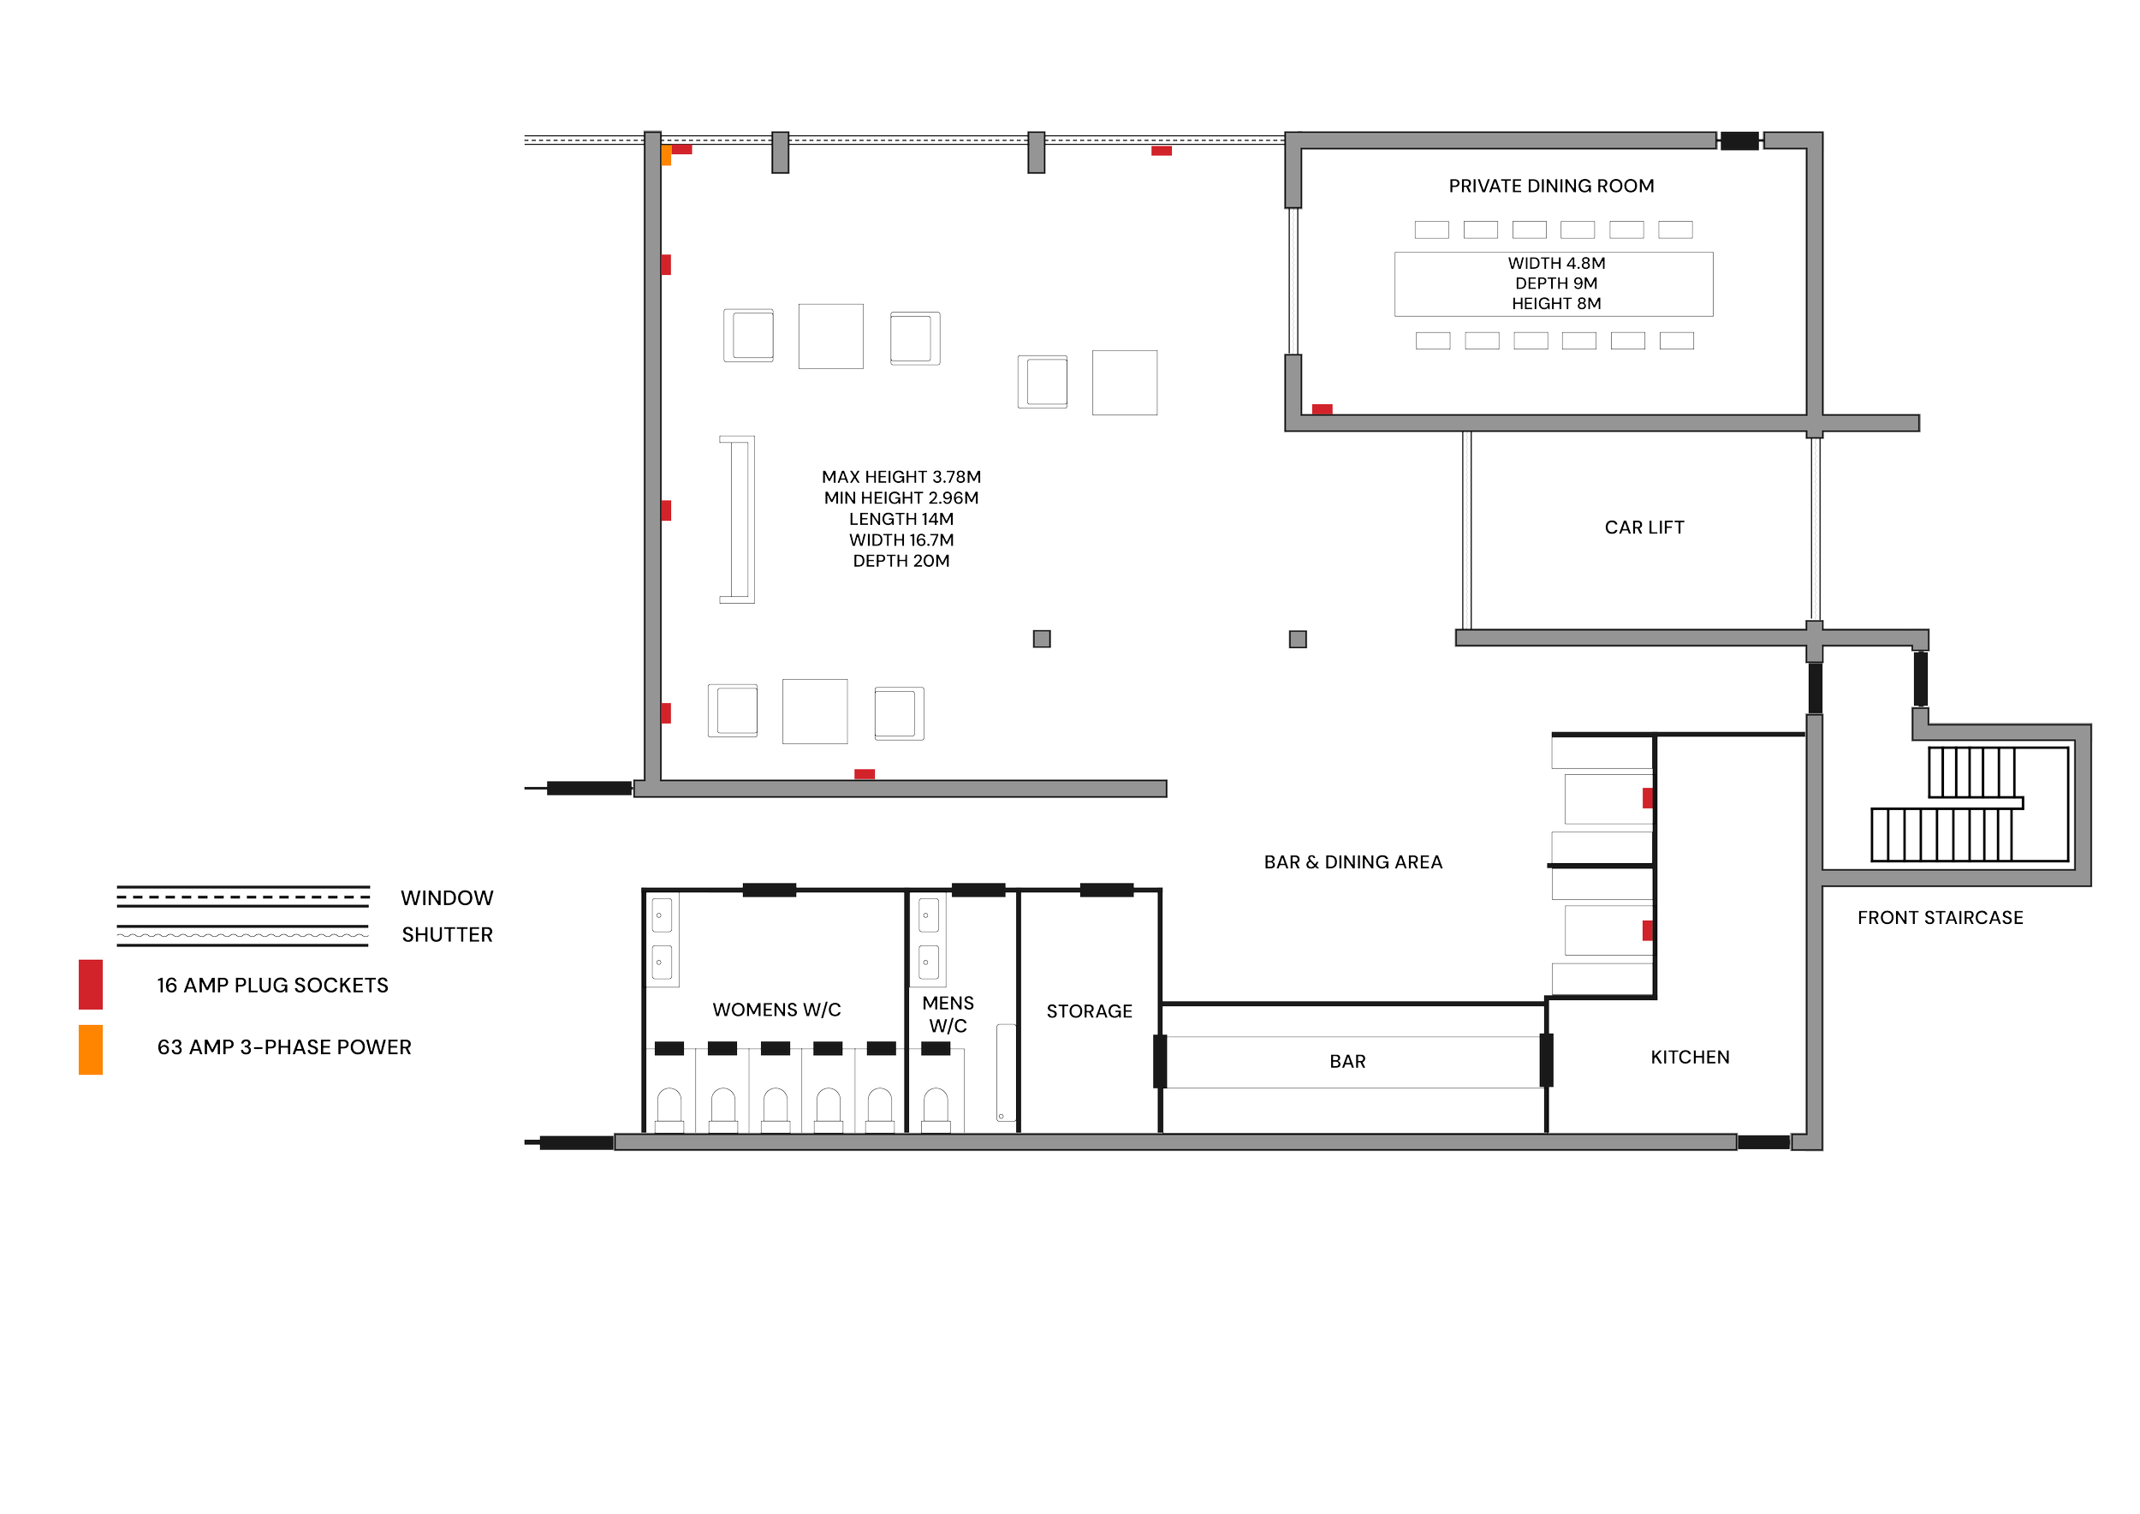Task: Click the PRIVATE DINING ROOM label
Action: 1551,187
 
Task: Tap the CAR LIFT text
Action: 1644,528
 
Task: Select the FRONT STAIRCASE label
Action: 1940,918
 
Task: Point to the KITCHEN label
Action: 1690,1058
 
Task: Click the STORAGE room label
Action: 1089,1011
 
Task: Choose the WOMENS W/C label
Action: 776,1010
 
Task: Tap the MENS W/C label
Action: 948,1014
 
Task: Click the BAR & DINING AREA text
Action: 1352,862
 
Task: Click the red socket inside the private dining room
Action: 1322,409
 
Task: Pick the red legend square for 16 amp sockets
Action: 91,985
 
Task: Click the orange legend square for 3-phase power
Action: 91,1050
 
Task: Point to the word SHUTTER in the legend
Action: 447,935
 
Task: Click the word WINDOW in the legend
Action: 447,897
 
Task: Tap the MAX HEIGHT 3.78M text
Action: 901,477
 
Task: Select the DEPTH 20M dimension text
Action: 901,561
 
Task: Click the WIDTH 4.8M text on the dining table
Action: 1555,264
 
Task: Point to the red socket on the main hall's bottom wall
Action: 864,774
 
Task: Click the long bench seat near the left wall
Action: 738,519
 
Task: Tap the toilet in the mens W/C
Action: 936,1110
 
